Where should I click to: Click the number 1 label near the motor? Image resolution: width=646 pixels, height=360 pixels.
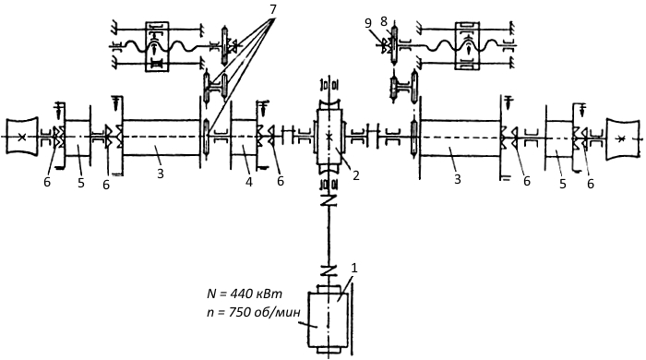tap(353, 268)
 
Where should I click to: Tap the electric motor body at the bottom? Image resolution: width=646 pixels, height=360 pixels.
tap(329, 319)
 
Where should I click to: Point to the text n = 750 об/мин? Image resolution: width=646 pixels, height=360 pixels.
tap(251, 312)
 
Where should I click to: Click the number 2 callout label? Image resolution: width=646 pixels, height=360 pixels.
tap(355, 175)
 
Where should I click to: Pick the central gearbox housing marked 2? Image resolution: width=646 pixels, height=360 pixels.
tap(329, 137)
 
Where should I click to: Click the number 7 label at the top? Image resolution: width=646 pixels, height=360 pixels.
tap(272, 10)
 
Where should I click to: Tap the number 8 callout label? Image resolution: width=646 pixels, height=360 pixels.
tap(384, 21)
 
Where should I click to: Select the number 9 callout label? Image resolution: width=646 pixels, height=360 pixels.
tap(368, 23)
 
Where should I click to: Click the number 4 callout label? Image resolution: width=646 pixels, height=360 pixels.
tap(249, 182)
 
